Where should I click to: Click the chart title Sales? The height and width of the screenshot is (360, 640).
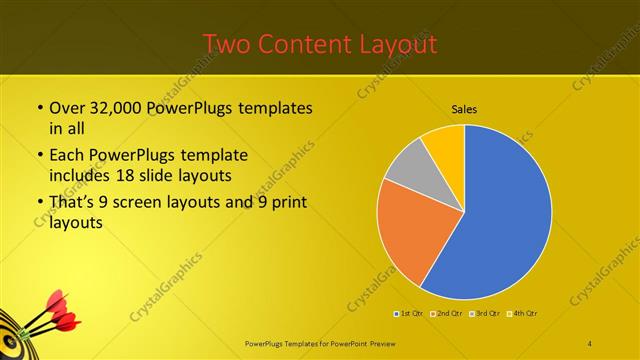[464, 108]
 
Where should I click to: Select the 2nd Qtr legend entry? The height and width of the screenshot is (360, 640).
[446, 314]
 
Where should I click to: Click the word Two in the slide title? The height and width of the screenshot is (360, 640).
[228, 44]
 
